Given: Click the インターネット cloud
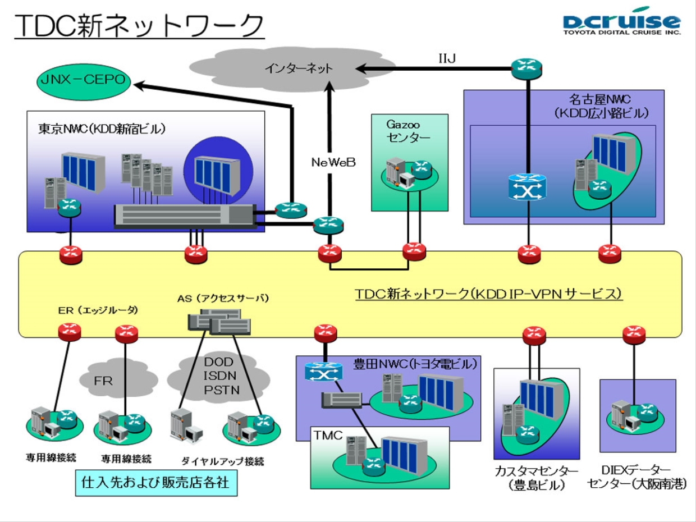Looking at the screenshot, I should tap(299, 68).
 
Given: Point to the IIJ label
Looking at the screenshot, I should tap(447, 58).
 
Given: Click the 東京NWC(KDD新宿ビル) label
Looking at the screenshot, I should tap(102, 129).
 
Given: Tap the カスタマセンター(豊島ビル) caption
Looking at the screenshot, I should tap(529, 478).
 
